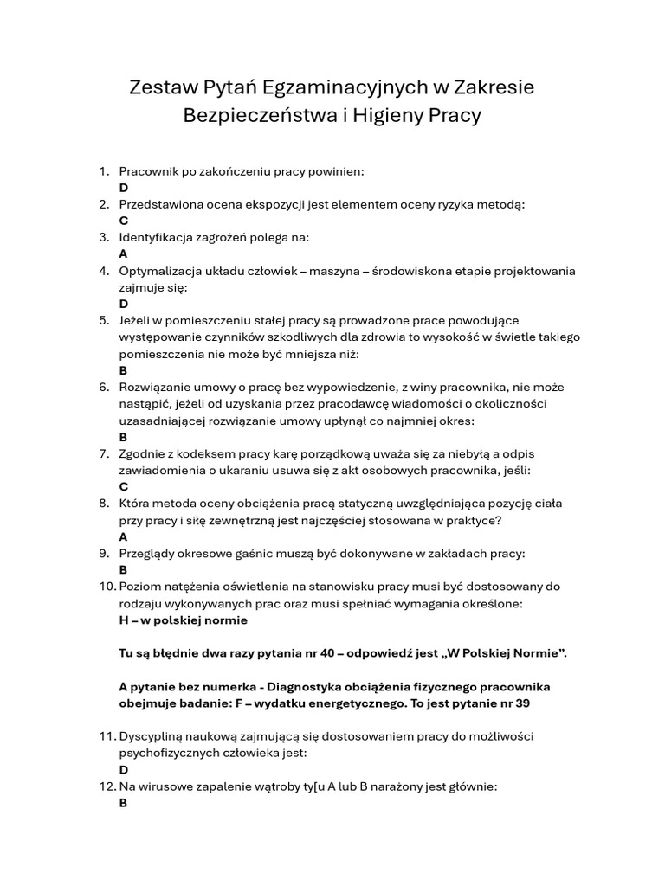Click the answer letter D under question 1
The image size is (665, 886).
[124, 188]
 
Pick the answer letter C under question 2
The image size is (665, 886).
[124, 221]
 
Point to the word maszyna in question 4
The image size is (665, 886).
[335, 271]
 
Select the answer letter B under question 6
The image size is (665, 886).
[124, 437]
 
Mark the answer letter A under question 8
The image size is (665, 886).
[124, 536]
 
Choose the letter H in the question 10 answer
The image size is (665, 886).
[124, 620]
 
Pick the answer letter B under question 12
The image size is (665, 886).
[124, 803]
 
